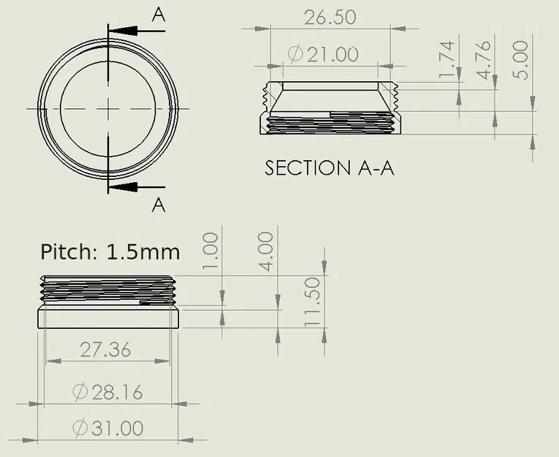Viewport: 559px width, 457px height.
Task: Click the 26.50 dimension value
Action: (x=330, y=17)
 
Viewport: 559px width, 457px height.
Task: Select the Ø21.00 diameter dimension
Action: (x=323, y=54)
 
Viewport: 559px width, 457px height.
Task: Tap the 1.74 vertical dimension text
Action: (x=446, y=61)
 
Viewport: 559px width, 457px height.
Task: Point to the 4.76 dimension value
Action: (x=484, y=61)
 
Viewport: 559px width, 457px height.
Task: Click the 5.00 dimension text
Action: (x=521, y=61)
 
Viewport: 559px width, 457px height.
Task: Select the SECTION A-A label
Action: (x=329, y=167)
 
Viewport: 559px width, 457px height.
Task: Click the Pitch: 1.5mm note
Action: (x=110, y=252)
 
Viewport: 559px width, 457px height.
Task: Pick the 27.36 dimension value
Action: (x=105, y=350)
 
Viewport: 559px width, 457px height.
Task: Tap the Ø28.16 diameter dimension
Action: (x=107, y=392)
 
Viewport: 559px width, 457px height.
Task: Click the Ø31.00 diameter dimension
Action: (x=107, y=428)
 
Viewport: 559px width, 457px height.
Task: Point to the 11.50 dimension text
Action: (x=312, y=302)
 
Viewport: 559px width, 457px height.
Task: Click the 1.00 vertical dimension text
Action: (x=210, y=252)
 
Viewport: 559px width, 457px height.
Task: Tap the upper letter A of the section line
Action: (x=159, y=13)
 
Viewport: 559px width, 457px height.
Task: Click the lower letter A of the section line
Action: (x=159, y=205)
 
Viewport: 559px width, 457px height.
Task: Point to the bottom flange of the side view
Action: (x=108, y=319)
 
